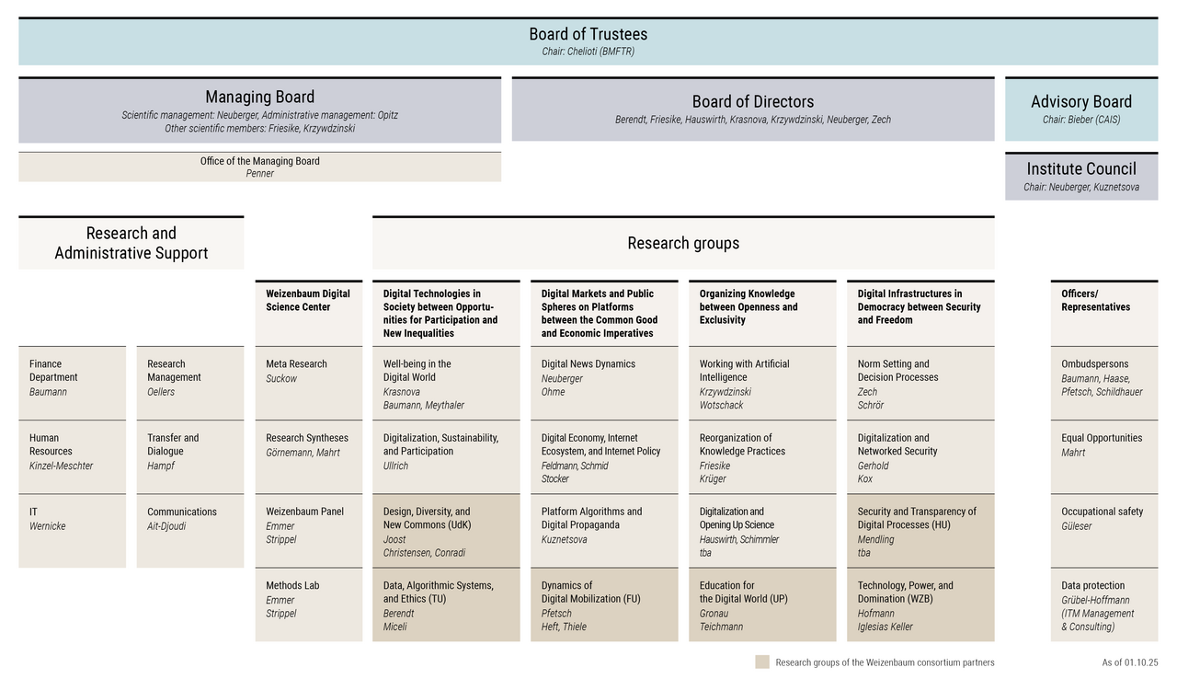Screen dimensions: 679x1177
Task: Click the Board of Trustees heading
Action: point(588,35)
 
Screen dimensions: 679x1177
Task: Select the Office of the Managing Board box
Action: point(260,167)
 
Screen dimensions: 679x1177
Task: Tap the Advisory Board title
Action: point(1080,102)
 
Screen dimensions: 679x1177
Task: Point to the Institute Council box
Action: point(1080,176)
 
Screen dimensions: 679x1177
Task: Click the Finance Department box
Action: point(72,383)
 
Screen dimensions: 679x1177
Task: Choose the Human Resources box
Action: point(72,456)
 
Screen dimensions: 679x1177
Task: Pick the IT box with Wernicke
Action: point(72,530)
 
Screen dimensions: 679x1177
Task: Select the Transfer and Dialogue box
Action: point(189,456)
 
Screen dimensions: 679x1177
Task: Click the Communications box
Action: point(189,530)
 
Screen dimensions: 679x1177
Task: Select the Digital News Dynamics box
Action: point(603,383)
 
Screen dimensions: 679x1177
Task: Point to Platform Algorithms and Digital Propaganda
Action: point(603,530)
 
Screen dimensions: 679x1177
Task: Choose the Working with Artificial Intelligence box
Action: point(762,383)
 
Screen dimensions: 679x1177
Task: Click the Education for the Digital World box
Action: point(762,604)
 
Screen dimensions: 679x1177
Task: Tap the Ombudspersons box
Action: point(1103,383)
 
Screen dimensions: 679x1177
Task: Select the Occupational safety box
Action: point(1103,530)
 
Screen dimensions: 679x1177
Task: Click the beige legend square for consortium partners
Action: point(761,662)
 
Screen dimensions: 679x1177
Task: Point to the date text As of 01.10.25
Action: point(1129,662)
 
